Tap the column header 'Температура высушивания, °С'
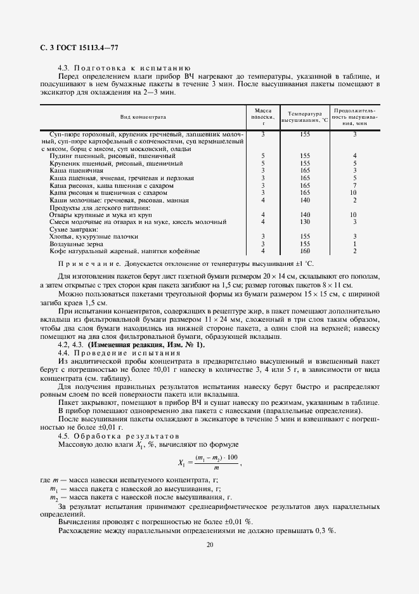(305, 117)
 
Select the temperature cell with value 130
(305, 222)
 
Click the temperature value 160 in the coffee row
(305, 251)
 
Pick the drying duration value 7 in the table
(355, 185)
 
